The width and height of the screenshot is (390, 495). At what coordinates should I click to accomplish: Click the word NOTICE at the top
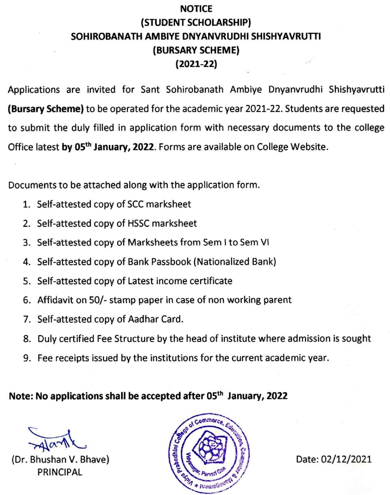tap(196, 9)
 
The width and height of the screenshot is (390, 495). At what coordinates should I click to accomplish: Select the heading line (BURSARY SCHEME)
tap(196, 50)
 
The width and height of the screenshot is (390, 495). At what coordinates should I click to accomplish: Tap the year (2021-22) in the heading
tap(196, 64)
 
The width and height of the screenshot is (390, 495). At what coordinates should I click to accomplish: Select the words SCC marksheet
tap(159, 204)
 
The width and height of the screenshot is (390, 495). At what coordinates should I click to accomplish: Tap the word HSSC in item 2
tap(138, 223)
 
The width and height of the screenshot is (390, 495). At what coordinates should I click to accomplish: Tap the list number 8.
tap(27, 339)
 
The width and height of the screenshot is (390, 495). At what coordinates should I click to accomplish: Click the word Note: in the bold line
tap(21, 396)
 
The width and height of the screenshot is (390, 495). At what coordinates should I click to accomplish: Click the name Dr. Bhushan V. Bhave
tap(60, 459)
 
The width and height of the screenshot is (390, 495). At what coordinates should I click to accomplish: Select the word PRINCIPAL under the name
tap(60, 472)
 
